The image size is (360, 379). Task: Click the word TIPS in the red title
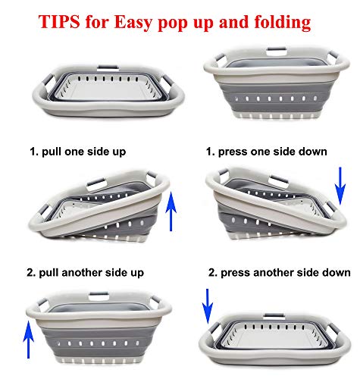[59, 21]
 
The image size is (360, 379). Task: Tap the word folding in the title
[283, 23]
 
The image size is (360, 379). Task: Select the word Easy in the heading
[133, 23]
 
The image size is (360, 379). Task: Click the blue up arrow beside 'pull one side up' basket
[171, 211]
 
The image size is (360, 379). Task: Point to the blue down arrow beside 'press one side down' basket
[340, 186]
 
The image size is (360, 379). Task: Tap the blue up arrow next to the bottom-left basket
[28, 339]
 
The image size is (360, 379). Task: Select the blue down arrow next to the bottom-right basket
[208, 306]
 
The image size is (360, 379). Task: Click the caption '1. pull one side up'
[78, 152]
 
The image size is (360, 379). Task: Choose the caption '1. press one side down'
[267, 152]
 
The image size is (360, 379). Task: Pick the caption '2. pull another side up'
[86, 273]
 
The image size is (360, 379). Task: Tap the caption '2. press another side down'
[280, 273]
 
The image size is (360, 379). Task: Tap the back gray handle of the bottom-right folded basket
[274, 315]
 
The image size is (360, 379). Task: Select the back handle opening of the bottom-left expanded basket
[99, 296]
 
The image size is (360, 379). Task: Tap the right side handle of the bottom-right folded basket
[334, 330]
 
